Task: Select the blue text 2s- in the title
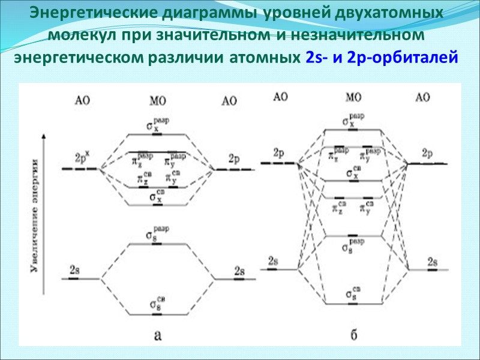tap(310, 58)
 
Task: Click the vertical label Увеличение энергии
tap(35, 217)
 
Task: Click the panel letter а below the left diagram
tap(157, 335)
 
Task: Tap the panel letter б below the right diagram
tap(354, 335)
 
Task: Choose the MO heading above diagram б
tap(354, 96)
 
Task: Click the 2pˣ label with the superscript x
tap(82, 158)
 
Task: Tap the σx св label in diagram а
tap(158, 197)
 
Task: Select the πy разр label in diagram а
tap(175, 159)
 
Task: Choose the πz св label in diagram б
tap(339, 207)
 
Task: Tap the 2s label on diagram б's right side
tap(432, 262)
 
